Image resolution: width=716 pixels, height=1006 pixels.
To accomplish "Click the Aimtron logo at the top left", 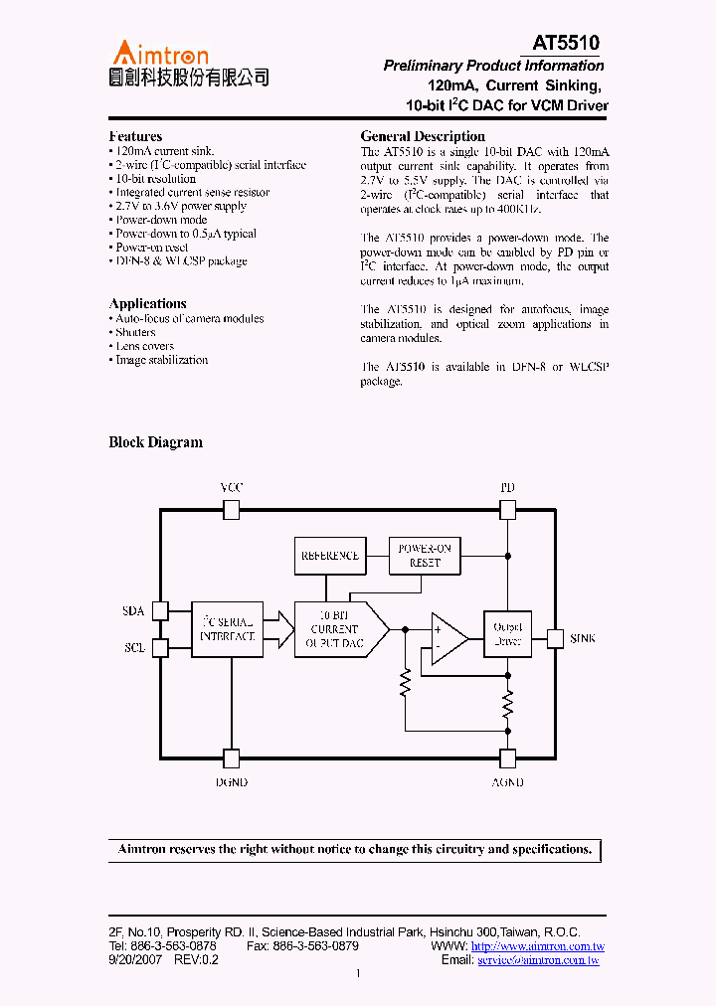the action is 189,64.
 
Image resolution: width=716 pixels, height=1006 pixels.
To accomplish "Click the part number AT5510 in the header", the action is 566,43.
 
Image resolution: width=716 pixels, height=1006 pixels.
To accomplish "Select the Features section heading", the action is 135,136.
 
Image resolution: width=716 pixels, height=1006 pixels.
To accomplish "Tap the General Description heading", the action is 423,136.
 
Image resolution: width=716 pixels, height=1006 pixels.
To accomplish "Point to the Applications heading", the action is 147,303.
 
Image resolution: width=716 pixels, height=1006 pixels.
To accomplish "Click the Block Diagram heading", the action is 155,442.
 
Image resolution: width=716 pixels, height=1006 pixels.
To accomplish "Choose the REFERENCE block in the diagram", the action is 330,556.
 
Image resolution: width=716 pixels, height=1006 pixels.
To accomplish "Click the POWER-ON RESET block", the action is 425,556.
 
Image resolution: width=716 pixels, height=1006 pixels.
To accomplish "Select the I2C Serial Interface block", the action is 228,628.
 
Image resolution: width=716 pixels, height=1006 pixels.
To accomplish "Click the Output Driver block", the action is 507,634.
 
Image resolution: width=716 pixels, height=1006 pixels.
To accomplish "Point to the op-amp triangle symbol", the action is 447,637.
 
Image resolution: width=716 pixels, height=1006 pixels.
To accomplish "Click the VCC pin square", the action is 231,510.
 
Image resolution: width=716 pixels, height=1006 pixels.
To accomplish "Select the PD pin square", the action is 507,510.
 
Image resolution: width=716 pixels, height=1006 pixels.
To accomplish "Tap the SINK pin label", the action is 583,638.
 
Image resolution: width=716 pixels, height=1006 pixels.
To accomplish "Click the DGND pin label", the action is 231,782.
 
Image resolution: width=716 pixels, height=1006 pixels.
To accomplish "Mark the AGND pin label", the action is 507,782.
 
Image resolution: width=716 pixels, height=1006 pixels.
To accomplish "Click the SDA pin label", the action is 133,609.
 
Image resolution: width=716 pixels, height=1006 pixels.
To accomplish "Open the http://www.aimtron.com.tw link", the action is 537,947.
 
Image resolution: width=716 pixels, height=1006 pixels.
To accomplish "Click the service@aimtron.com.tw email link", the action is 538,961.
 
